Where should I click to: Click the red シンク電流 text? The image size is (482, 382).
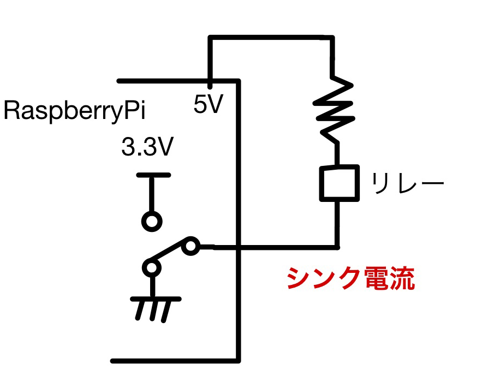pos(350,279)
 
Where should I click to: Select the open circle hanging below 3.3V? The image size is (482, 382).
pos(152,221)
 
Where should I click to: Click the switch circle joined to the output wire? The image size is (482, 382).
pos(191,247)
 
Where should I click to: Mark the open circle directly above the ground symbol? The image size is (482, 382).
pos(152,268)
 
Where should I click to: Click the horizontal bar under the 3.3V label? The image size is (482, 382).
pos(153,176)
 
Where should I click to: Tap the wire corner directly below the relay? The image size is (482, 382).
pos(338,248)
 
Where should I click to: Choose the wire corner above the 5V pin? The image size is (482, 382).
pos(210,38)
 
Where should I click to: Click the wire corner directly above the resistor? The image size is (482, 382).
pos(332,38)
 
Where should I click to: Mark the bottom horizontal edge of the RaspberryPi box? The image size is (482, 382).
pos(175,361)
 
